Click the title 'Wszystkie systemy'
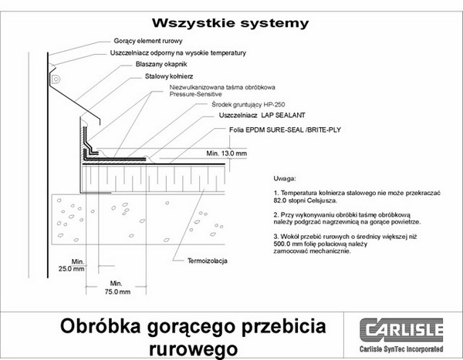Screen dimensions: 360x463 pos(230,22)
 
